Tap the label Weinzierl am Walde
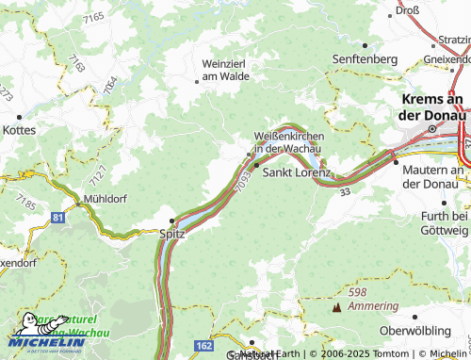tap(224, 69)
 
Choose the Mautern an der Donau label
tap(434, 176)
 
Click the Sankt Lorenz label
tap(296, 173)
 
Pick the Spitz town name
tap(172, 233)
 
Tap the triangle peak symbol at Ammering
tap(336, 307)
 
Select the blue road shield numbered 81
tap(58, 218)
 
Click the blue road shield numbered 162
tap(203, 347)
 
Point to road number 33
tap(345, 192)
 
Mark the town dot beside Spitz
tap(171, 221)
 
